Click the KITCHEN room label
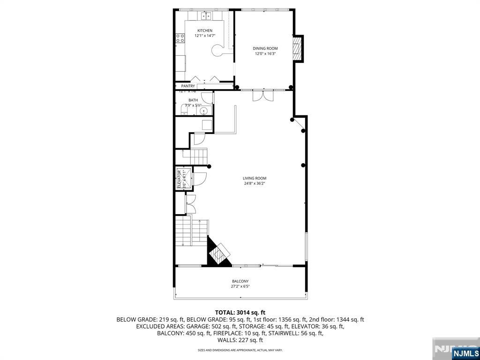204,30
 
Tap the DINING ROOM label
265,48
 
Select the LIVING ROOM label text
255,178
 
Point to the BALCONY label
240,281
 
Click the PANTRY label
188,86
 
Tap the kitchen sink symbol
205,16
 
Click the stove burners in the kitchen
180,38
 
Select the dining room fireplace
297,48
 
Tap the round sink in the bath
203,111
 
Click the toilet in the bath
184,110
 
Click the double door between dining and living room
262,95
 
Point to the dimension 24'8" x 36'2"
255,184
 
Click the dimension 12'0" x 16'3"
265,54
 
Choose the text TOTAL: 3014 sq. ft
240,312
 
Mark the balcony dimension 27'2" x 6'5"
240,286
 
